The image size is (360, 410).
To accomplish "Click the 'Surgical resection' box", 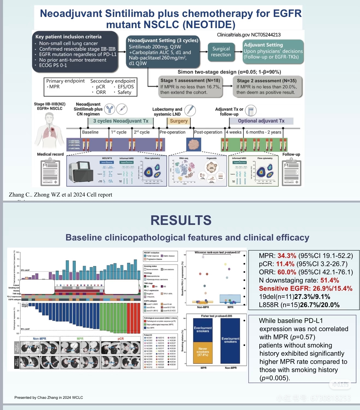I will coord(221,52).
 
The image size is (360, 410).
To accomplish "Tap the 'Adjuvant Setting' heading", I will coord(263,45).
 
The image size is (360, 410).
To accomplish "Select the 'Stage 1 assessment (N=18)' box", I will coord(190,86).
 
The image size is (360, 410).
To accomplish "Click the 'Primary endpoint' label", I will coord(65,81).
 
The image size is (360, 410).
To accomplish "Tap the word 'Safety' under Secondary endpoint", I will coord(124,92).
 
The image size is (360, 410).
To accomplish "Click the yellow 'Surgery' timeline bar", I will coord(179,121).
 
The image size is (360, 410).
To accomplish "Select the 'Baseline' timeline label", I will coord(90,132).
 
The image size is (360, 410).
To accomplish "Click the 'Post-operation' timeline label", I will coord(208,132).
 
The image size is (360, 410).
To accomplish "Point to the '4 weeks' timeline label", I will coord(233,132).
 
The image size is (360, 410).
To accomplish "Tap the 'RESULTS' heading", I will coord(181,220).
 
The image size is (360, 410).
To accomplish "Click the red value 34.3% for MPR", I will coord(287,256).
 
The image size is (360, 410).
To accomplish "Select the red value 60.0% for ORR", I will coord(287,272).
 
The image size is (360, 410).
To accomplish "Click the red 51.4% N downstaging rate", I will coord(329,280).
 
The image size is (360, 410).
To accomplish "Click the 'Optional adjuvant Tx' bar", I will coord(261,121).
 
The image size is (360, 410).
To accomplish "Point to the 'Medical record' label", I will coord(50,154).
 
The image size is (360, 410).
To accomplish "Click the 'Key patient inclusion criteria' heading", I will coord(68,37).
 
